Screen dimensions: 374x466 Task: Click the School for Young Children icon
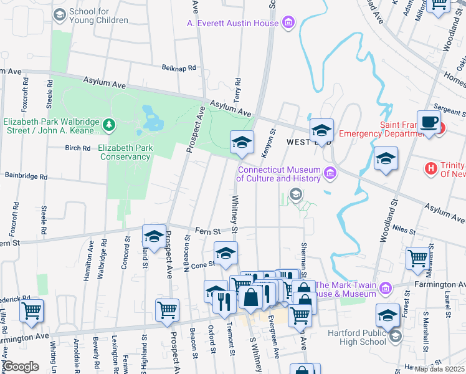pos(60,14)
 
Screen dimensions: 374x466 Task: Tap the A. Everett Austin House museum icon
pos(287,24)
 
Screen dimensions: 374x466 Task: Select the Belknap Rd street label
pos(179,67)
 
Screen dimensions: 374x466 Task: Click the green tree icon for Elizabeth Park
pos(109,125)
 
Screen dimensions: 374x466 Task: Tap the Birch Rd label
pos(78,148)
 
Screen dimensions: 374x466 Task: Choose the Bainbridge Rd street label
pos(26,177)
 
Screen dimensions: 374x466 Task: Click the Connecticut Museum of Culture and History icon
pos(329,172)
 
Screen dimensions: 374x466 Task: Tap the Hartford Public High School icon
pos(395,337)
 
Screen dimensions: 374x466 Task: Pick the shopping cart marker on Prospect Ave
pos(167,310)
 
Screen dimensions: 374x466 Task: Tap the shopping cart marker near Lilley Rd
pos(32,310)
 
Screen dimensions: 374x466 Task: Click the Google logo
pos(20,367)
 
